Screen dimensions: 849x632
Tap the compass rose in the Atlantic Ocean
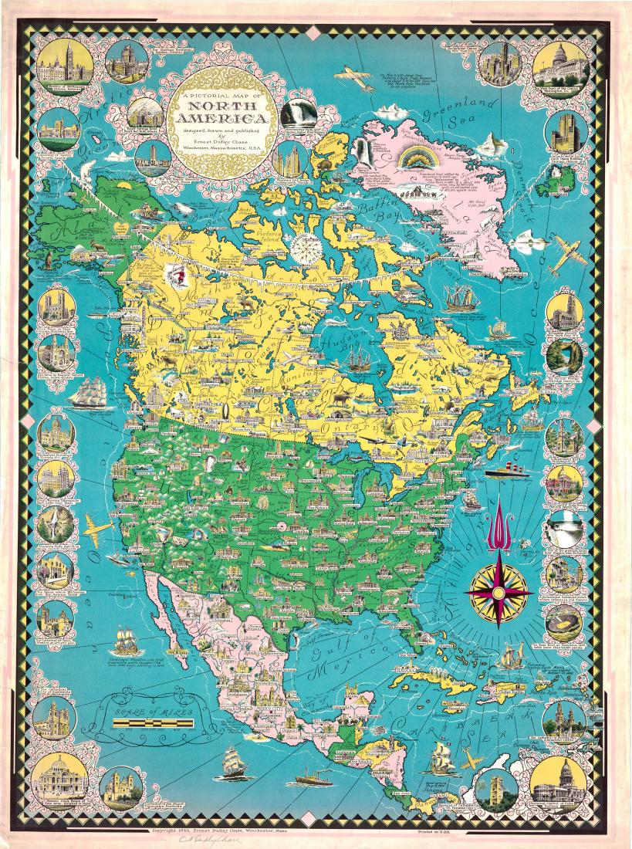pyautogui.click(x=499, y=592)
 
